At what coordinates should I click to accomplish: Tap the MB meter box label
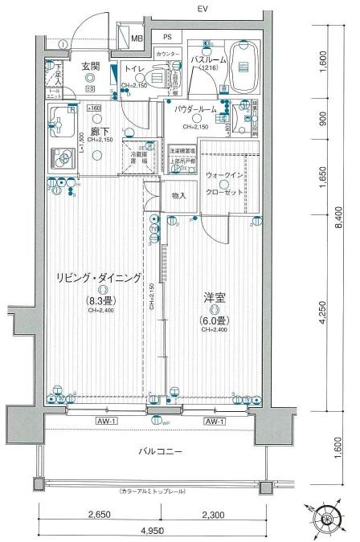click(137, 38)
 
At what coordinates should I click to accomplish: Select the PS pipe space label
click(167, 37)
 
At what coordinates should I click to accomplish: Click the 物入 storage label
click(178, 195)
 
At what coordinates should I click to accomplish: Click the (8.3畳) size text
click(100, 301)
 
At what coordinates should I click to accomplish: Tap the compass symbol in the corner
click(327, 520)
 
